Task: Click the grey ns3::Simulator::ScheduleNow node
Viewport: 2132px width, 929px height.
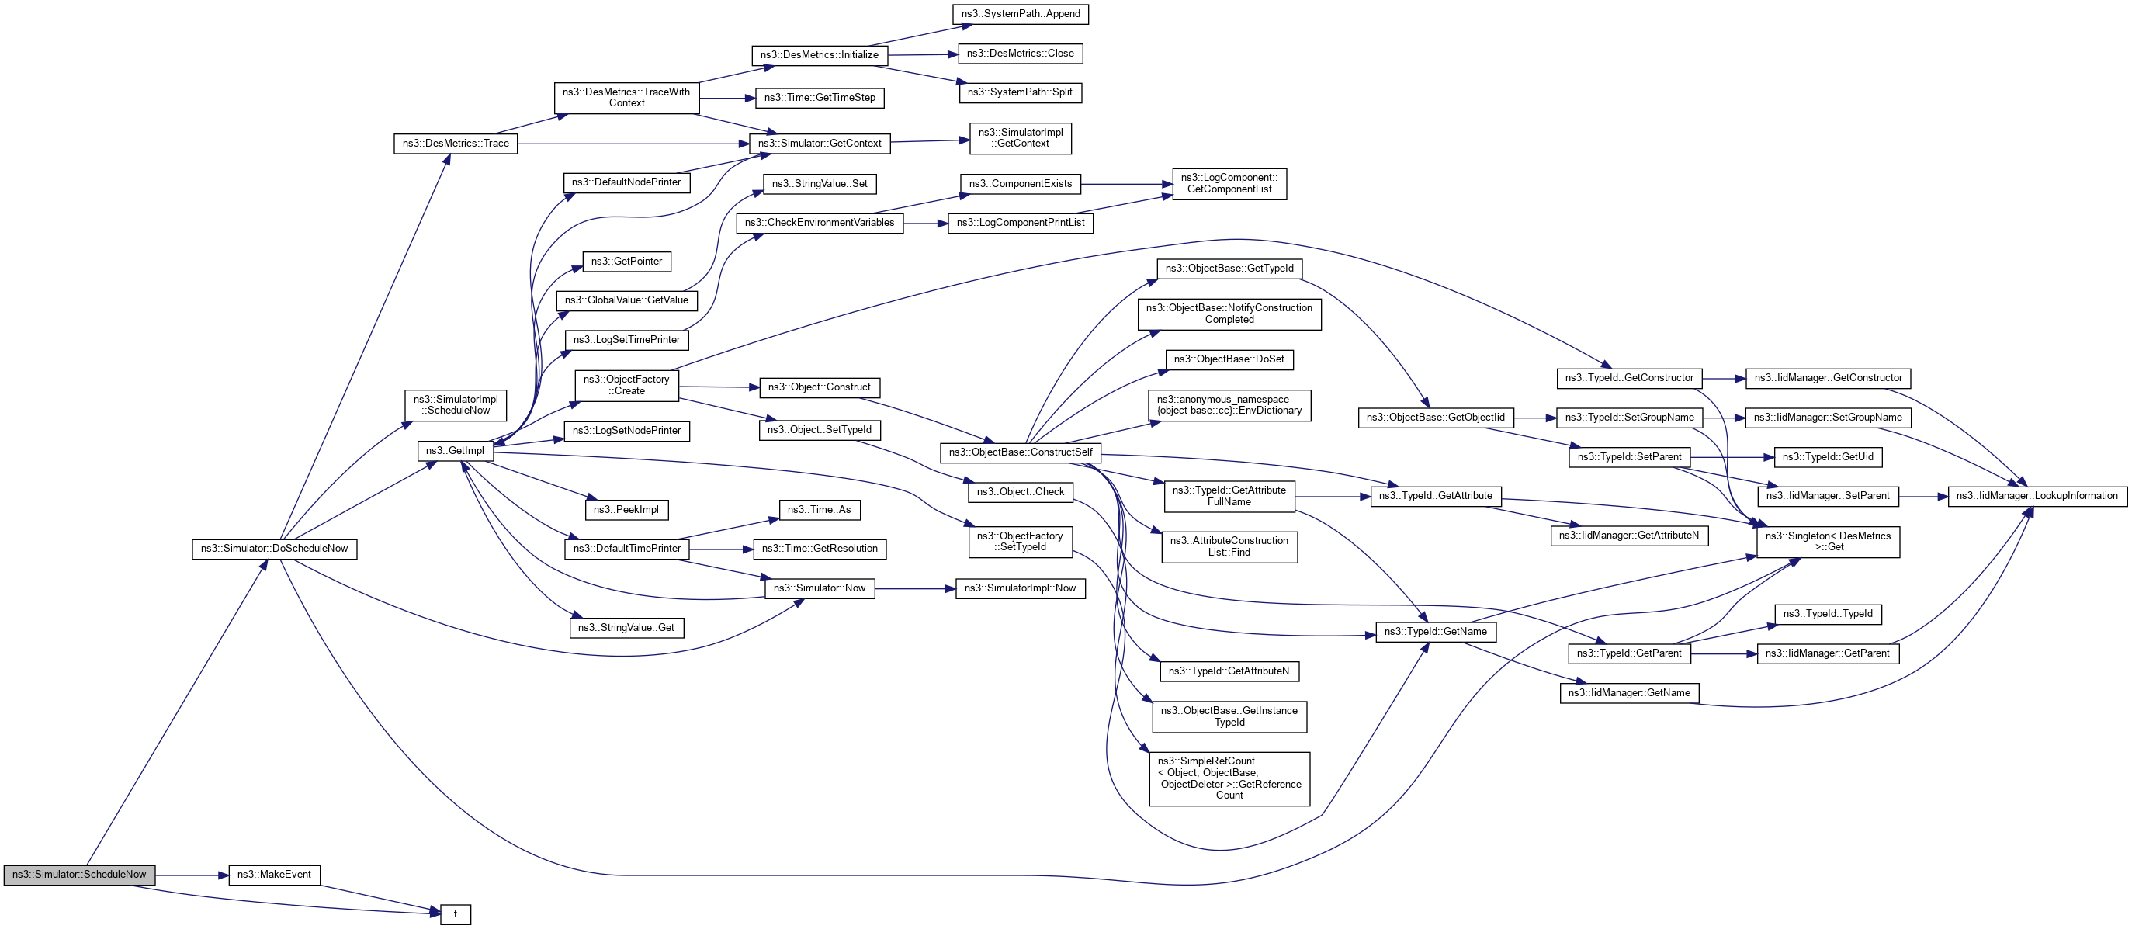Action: [78, 875]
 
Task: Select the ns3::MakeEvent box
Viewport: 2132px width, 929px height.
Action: [274, 875]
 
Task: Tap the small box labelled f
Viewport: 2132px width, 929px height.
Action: [456, 914]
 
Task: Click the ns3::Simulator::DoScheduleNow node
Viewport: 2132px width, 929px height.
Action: [274, 549]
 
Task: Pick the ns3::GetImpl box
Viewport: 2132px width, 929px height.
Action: [456, 450]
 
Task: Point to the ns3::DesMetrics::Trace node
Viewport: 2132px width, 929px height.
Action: [456, 144]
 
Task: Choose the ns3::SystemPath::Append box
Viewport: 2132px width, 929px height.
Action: [1021, 14]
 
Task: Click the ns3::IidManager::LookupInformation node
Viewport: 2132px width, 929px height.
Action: [2037, 496]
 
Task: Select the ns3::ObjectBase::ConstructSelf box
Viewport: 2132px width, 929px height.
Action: [1021, 452]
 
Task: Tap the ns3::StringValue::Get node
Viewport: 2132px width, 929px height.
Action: [626, 628]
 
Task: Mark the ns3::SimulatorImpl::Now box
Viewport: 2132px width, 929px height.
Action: [1020, 589]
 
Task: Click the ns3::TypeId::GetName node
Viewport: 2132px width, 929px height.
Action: [1435, 632]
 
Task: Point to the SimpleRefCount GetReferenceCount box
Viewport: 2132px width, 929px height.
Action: [1229, 778]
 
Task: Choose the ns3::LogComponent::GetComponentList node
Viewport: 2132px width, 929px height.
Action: [1229, 184]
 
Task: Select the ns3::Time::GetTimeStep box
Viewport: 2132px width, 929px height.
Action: [820, 98]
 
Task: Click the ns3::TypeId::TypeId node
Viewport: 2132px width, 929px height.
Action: [1828, 614]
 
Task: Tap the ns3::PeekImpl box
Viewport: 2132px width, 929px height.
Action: [626, 510]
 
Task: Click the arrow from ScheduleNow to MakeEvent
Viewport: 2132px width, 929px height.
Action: [191, 875]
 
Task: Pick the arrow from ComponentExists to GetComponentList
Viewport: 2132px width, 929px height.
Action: [1125, 184]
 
